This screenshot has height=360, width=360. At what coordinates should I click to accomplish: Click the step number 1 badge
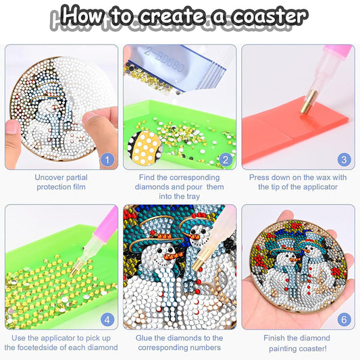106,160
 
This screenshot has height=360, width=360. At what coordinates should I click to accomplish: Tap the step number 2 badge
225,160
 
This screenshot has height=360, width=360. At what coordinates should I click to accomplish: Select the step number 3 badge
344,160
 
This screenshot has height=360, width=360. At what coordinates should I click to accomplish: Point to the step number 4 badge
106,319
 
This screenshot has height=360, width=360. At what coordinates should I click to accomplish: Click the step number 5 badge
225,319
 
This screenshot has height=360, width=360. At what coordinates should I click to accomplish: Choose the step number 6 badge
344,319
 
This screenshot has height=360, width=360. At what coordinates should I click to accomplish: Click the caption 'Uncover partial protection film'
60,182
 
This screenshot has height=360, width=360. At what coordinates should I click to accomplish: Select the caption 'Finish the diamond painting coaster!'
298,342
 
